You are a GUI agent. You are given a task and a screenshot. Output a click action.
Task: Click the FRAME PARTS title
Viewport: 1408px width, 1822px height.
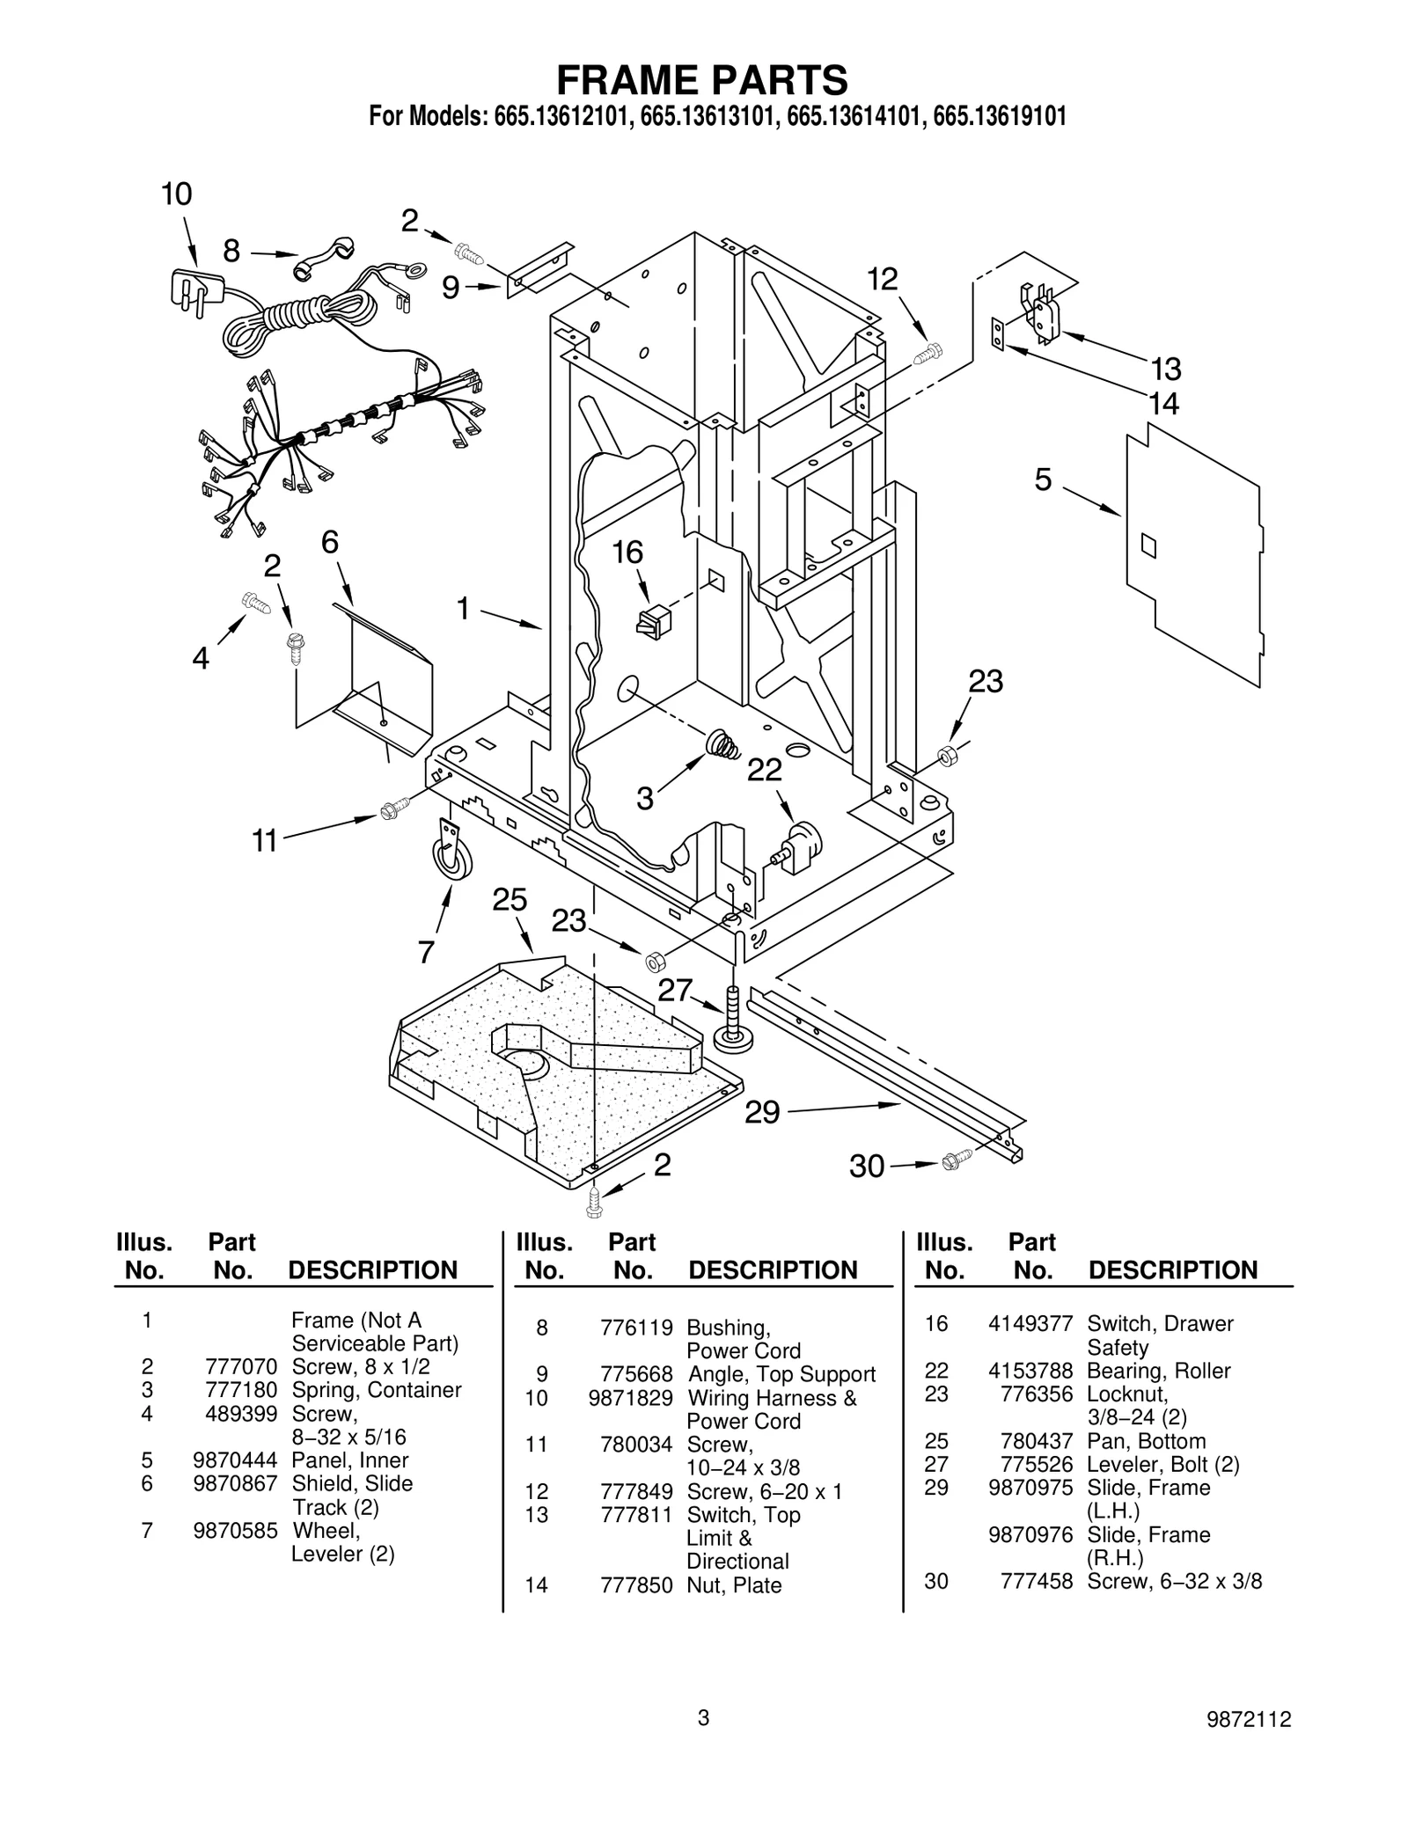[x=702, y=80]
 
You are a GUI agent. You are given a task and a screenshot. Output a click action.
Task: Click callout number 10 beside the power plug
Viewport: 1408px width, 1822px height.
[x=176, y=194]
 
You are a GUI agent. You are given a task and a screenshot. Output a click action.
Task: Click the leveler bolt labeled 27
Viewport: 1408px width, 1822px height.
[x=733, y=1020]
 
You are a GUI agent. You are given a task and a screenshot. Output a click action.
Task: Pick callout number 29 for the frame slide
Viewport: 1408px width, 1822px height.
[x=762, y=1113]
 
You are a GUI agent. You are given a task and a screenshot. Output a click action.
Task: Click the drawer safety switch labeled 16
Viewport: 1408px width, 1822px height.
[x=653, y=620]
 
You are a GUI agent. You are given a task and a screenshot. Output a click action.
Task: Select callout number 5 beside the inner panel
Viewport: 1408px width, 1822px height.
[x=1043, y=480]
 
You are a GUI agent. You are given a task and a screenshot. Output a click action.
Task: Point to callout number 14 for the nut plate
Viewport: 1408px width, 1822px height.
[x=1163, y=404]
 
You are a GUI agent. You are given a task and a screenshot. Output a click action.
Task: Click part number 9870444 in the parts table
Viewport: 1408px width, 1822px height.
[x=235, y=1460]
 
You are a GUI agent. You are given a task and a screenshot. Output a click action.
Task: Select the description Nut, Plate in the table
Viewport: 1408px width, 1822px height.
[x=734, y=1585]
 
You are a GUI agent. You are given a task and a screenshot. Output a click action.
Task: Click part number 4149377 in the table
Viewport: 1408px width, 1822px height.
[x=1030, y=1324]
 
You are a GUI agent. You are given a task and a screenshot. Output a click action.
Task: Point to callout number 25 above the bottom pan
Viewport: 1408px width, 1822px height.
[x=510, y=900]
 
